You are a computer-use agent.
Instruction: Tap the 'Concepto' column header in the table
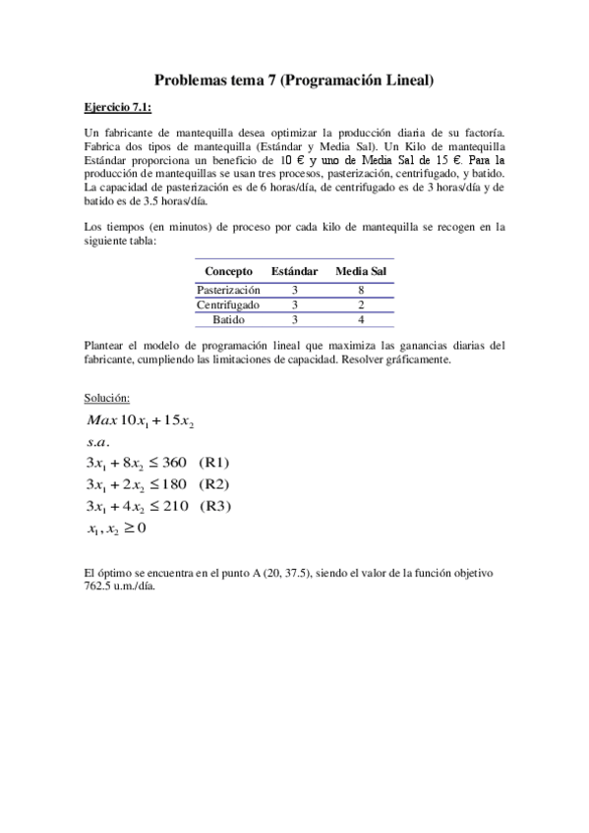(x=228, y=271)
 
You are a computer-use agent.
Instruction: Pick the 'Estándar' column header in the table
(x=295, y=271)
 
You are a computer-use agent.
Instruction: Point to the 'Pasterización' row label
(x=228, y=291)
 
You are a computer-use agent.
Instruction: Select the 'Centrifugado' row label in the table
(x=228, y=305)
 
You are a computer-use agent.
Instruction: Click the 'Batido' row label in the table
(x=228, y=319)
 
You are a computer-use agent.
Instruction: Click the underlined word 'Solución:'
(x=107, y=398)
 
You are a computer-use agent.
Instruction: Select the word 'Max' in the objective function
(x=101, y=420)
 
